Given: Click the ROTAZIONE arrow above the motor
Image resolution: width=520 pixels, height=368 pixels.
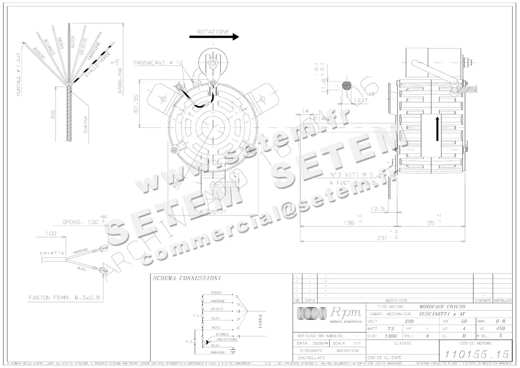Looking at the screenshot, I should tap(214, 37).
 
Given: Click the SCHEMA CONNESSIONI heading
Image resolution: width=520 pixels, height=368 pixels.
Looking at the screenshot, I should tap(187, 278).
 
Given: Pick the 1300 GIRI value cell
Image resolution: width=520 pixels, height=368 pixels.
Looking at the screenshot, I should tap(391, 336).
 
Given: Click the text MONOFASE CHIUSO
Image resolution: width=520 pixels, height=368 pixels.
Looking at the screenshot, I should tap(438, 306).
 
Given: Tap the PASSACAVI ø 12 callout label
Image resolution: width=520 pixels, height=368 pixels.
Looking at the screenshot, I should tap(158, 62).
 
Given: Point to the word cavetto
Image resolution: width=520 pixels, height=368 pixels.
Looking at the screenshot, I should tap(52, 252).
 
